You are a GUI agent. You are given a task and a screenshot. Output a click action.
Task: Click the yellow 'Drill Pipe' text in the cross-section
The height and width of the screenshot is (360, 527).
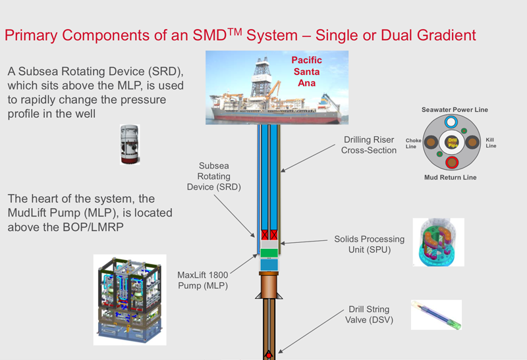pos(452,142)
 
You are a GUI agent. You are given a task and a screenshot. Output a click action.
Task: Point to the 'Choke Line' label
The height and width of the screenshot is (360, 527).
pos(414,143)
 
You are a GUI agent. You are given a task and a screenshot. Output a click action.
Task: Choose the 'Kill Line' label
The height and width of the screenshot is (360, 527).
pos(490,143)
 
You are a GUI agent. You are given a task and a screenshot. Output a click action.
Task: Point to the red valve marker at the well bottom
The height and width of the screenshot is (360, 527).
pos(269,355)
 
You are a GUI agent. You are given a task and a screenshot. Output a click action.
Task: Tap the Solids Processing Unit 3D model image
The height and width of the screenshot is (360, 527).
pos(438,242)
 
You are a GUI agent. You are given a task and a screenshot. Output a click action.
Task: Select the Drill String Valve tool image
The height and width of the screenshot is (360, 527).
pos(436,315)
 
